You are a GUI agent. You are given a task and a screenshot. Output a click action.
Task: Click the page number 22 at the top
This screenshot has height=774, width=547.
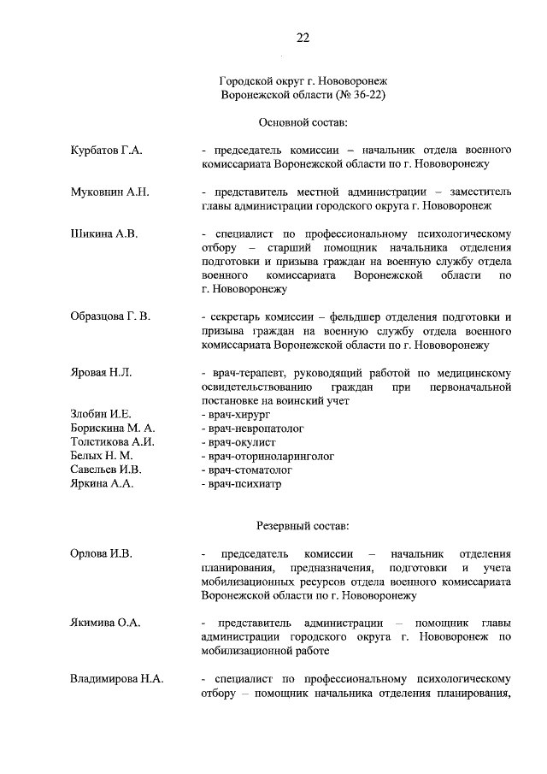click(303, 38)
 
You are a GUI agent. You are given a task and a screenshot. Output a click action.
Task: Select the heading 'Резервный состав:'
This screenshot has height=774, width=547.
click(303, 524)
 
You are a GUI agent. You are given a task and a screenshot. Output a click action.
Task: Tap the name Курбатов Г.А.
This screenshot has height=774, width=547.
click(106, 151)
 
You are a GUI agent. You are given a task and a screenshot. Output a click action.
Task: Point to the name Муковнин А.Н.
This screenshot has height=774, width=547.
click(109, 192)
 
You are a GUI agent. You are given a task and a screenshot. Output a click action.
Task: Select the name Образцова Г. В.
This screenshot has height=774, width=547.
click(110, 316)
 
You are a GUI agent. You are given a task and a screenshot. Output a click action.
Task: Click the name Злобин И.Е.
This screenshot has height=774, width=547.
click(100, 414)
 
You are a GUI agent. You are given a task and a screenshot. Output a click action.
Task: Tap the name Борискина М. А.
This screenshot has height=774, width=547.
click(112, 428)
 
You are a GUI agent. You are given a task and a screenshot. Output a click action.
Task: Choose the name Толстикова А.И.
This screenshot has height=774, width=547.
click(112, 441)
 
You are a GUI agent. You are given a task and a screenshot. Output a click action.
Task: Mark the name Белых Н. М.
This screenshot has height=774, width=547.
click(101, 455)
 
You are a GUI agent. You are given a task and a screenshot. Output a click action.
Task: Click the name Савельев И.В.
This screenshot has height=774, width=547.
click(106, 470)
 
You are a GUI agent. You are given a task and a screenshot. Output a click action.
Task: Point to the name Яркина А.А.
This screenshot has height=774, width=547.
click(101, 483)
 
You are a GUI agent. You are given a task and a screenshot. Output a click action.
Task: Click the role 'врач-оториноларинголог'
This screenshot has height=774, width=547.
click(268, 455)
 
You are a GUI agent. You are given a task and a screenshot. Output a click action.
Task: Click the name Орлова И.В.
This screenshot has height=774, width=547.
click(101, 553)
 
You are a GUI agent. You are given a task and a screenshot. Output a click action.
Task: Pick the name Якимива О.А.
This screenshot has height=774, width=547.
click(104, 623)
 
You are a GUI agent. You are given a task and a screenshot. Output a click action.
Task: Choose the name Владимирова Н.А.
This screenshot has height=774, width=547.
click(116, 679)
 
